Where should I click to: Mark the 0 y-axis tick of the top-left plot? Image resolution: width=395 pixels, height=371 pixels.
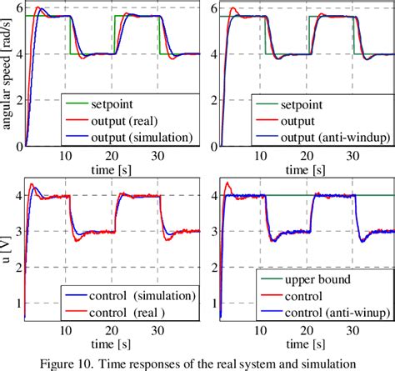pos(20,147)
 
